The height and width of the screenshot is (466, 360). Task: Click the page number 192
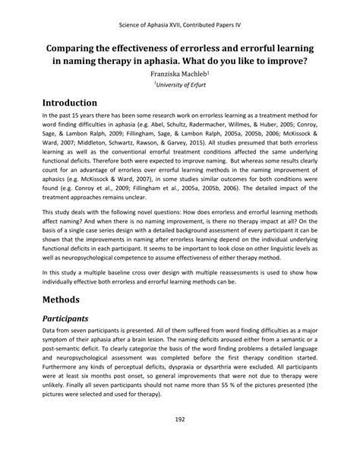pyautogui.click(x=179, y=439)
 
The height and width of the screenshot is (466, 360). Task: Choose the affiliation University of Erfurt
pyautogui.click(x=180, y=86)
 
